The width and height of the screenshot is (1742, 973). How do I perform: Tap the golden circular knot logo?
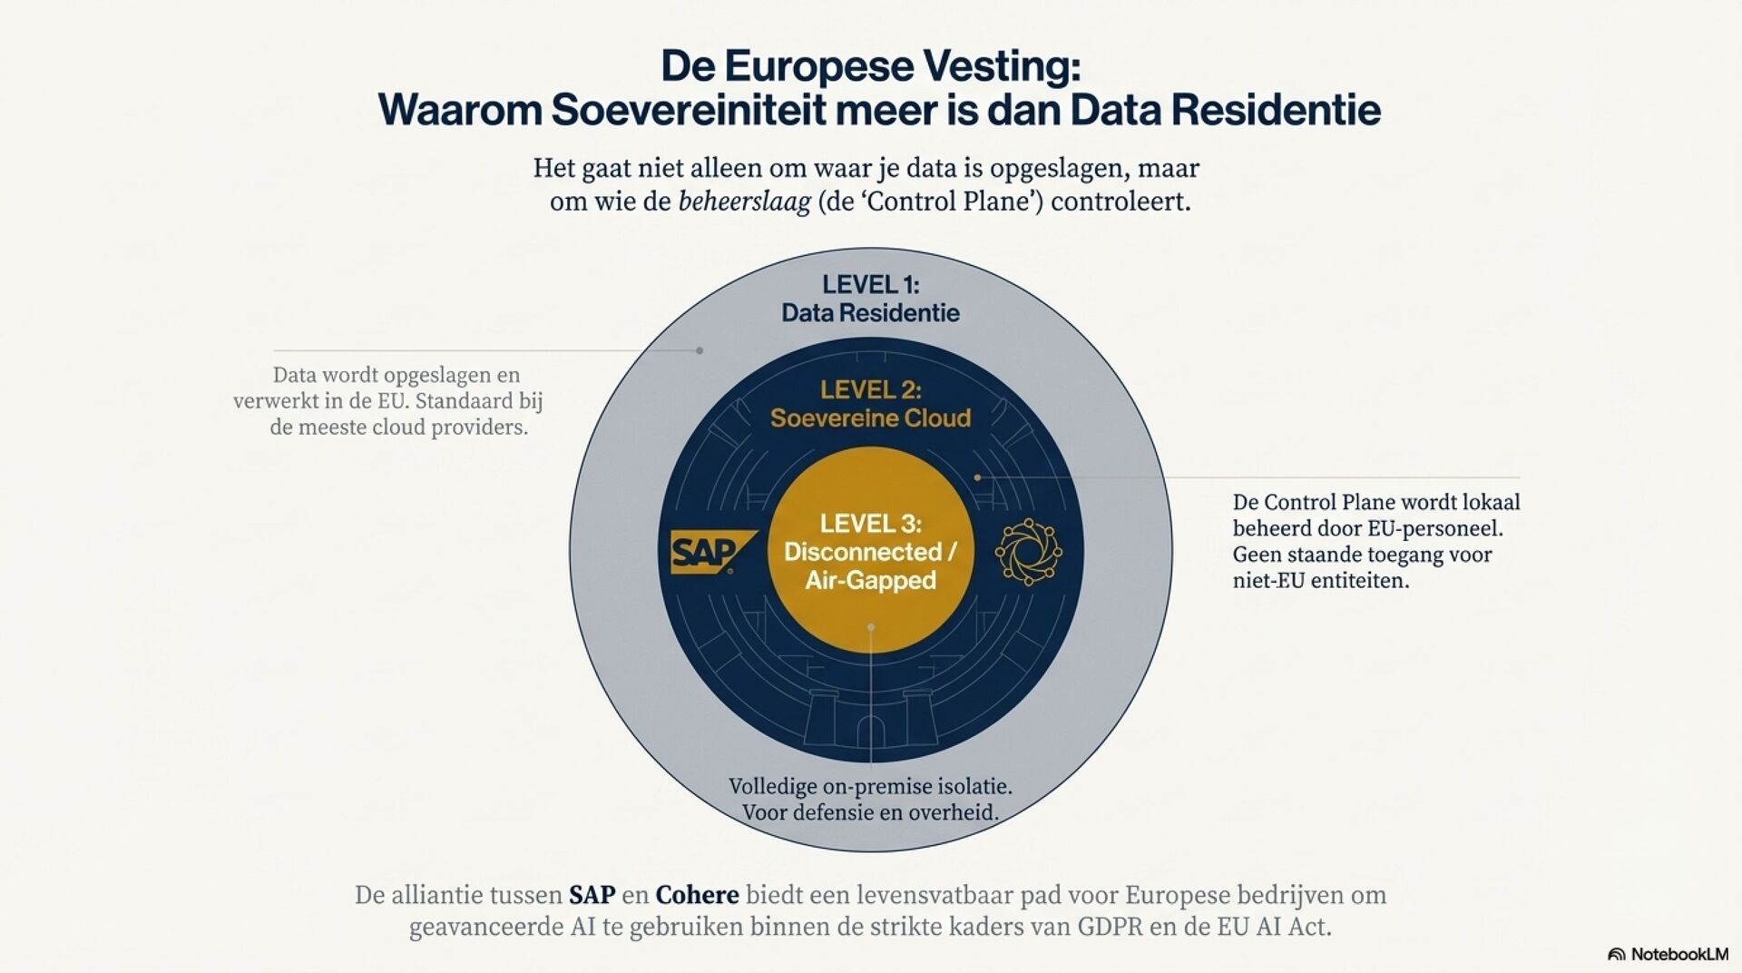(1028, 551)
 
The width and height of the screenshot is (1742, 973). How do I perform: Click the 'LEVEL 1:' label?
(870, 285)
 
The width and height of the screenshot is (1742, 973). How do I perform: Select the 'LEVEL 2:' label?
(870, 390)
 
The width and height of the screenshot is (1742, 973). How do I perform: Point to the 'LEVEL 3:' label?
(870, 524)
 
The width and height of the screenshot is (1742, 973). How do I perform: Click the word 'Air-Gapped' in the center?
(870, 580)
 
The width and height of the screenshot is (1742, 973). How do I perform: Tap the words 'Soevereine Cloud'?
(870, 418)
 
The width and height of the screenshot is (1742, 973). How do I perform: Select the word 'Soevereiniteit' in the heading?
(689, 110)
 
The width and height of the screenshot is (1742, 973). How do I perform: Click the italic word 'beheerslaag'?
(744, 201)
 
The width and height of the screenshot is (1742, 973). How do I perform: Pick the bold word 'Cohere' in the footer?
(697, 895)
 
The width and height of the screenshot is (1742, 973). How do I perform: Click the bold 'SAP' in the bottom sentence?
(592, 895)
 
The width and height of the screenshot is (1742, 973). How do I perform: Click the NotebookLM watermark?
(1668, 954)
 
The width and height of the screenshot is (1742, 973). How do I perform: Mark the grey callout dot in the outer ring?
(700, 350)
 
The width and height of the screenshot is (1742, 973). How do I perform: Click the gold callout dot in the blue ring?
(977, 477)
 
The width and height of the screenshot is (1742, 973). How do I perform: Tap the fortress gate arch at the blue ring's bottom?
(870, 731)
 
